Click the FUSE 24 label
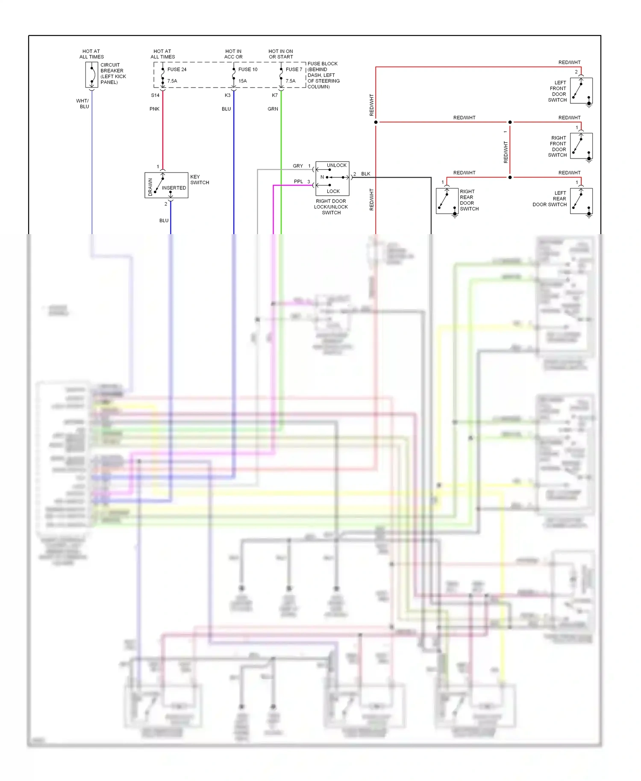[x=177, y=69]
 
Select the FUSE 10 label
[x=248, y=69]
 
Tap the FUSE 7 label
[x=294, y=69]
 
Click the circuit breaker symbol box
[x=92, y=75]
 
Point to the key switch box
[x=166, y=185]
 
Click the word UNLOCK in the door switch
[x=337, y=165]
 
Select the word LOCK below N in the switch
[x=333, y=191]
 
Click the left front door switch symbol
[x=581, y=91]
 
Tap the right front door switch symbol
[x=581, y=146]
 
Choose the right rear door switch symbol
[x=447, y=201]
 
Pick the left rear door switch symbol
[x=581, y=201]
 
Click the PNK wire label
[x=154, y=109]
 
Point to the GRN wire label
[x=273, y=109]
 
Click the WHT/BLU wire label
[x=83, y=104]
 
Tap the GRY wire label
[x=298, y=166]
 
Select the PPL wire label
[x=298, y=182]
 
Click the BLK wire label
[x=366, y=174]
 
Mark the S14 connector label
[x=155, y=95]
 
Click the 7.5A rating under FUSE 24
[x=172, y=81]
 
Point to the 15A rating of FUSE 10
[x=243, y=81]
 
